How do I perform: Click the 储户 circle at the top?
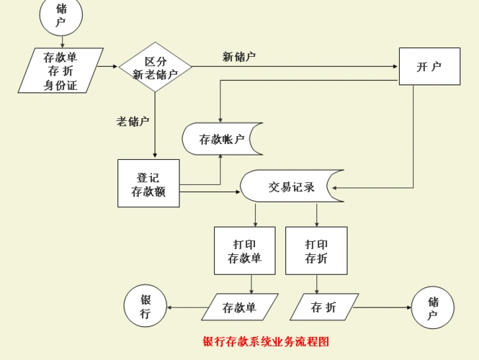[x=61, y=16]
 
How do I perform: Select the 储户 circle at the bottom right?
[x=432, y=307]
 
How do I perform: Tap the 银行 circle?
[x=146, y=307]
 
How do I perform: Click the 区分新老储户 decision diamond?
[x=155, y=68]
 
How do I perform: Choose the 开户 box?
[x=429, y=66]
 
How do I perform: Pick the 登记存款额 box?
[x=148, y=184]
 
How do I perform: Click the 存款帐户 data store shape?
[x=221, y=139]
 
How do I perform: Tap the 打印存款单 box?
[x=244, y=251]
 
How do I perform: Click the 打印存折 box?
[x=316, y=251]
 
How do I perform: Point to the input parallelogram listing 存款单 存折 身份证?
[x=61, y=71]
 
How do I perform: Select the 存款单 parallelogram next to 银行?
[x=239, y=307]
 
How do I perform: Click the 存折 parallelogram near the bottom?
[x=323, y=307]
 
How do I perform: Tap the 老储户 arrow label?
[x=133, y=121]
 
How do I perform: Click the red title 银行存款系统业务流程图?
[x=266, y=341]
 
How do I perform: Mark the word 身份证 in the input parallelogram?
[x=61, y=86]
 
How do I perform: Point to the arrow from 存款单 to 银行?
[x=186, y=307]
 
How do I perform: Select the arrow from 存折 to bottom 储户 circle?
[x=382, y=307]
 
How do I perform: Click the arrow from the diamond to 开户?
[x=295, y=67]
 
